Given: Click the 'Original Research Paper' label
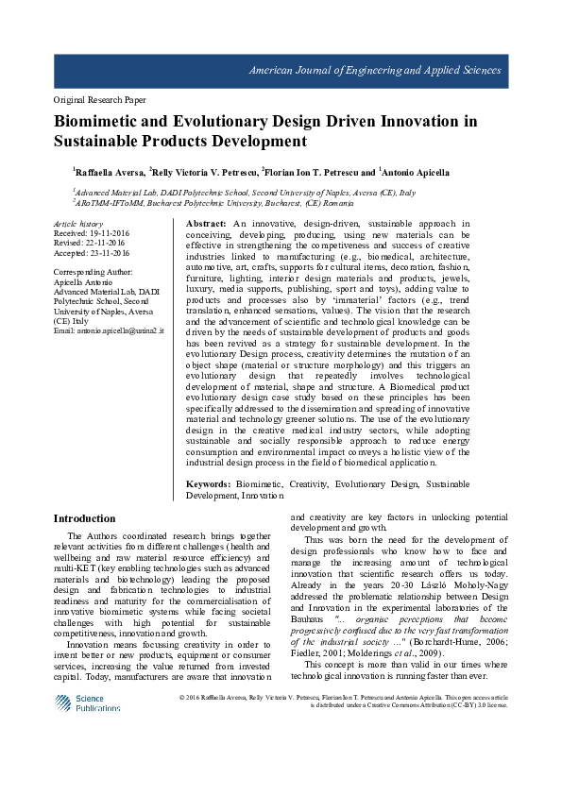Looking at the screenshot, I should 99,99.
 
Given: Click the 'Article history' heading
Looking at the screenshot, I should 78,224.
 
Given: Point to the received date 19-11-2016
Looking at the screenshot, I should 105,232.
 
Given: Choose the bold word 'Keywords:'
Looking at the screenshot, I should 211,483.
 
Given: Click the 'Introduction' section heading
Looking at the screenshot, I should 85,518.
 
